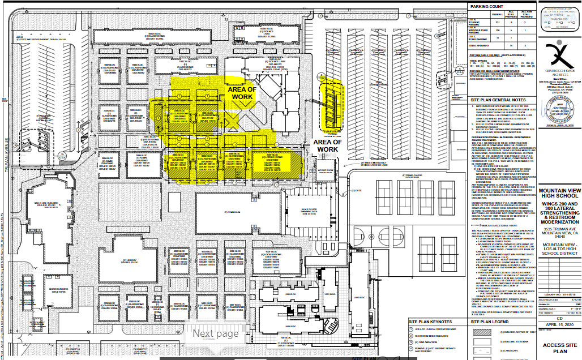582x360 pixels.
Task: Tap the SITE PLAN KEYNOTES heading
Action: pyautogui.click(x=434, y=321)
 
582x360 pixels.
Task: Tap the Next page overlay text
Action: pyautogui.click(x=216, y=333)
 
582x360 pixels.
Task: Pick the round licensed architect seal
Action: pyautogui.click(x=558, y=110)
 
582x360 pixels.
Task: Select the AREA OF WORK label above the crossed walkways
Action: pyautogui.click(x=241, y=93)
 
